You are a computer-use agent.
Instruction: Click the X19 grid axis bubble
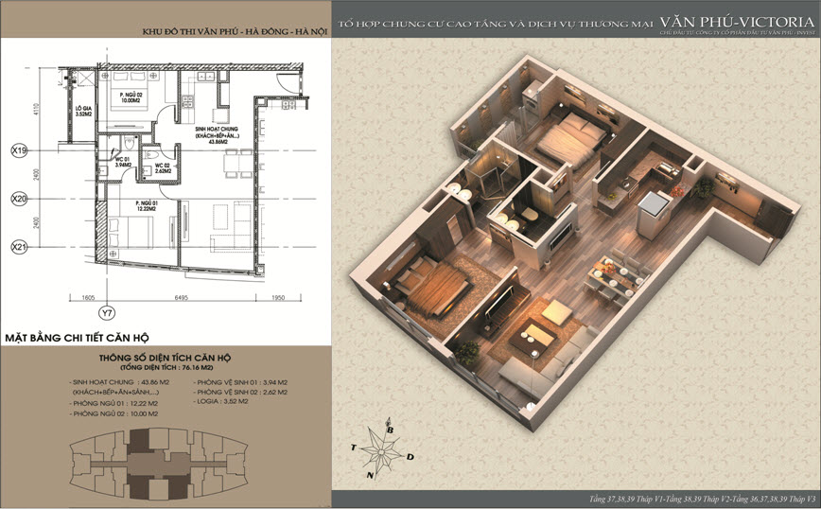(18, 150)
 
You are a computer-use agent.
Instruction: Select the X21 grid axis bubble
(18, 247)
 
